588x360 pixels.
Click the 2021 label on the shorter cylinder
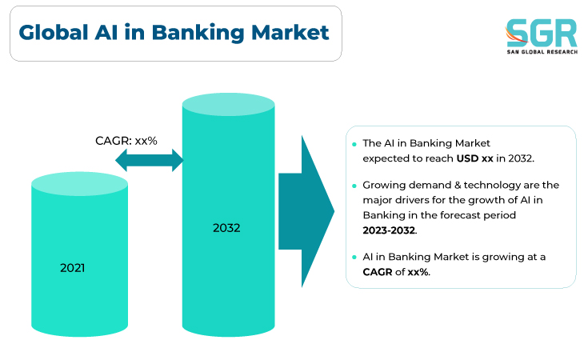click(x=72, y=268)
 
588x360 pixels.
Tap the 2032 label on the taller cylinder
click(x=226, y=228)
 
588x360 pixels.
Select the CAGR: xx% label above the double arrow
click(x=126, y=141)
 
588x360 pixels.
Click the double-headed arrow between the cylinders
click(x=150, y=160)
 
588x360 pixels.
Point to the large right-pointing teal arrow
click(x=306, y=211)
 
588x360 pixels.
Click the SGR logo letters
click(x=541, y=33)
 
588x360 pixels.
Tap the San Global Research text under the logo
click(x=542, y=52)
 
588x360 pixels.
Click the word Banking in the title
click(x=198, y=34)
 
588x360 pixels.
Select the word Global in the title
click(x=54, y=32)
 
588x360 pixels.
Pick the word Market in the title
click(x=290, y=32)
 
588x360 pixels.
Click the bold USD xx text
click(x=474, y=158)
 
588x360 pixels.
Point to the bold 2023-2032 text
click(x=389, y=230)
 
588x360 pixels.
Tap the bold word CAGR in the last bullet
click(x=378, y=272)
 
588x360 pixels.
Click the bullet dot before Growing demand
click(x=354, y=186)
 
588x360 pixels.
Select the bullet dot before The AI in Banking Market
click(x=354, y=144)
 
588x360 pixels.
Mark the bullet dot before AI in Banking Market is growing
click(x=354, y=258)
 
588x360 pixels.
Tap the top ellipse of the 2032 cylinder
click(x=228, y=104)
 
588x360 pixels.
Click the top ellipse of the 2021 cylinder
click(x=79, y=184)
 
